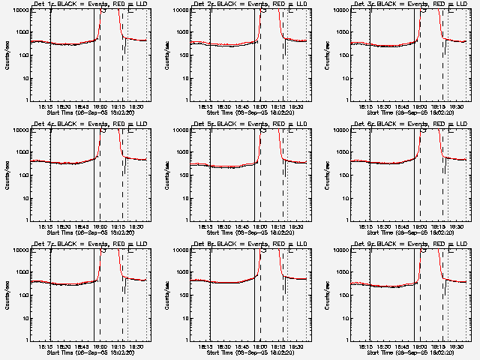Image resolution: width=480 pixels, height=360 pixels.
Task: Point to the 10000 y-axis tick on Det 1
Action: [19, 10]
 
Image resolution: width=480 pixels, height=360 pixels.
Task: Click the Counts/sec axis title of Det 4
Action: [7, 175]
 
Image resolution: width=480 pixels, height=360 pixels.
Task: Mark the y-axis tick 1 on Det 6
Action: [347, 220]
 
